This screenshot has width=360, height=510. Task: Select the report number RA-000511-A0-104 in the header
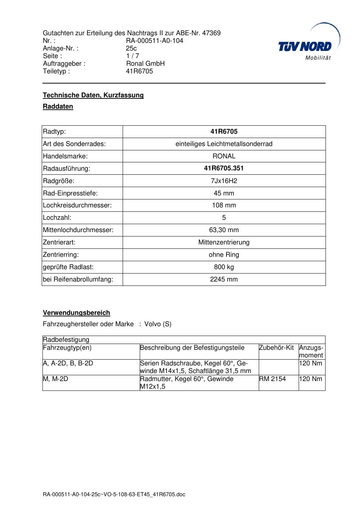point(155,41)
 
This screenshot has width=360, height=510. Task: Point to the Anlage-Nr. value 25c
point(131,48)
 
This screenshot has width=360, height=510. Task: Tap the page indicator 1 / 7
point(132,56)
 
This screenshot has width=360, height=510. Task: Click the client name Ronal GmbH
point(145,64)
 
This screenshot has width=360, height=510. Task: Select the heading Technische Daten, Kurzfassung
point(93,95)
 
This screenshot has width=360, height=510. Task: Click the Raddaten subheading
point(58,106)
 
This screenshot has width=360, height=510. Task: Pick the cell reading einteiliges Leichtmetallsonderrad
point(224,144)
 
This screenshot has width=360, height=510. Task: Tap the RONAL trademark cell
point(224,156)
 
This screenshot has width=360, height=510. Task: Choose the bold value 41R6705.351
point(224,168)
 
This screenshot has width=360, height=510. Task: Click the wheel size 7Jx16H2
point(224,181)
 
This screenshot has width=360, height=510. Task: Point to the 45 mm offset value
point(224,193)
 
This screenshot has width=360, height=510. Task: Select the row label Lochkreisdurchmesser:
point(77,205)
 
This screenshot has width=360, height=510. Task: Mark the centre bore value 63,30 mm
point(224,230)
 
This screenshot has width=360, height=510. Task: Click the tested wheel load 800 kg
point(224,267)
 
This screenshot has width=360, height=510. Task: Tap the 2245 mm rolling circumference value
point(224,279)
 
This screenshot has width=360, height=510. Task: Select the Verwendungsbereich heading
point(77,313)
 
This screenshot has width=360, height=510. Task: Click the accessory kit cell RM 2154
point(273,379)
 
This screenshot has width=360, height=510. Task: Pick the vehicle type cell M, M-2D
point(56,379)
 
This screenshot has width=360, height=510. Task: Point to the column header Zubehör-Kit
point(277,348)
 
